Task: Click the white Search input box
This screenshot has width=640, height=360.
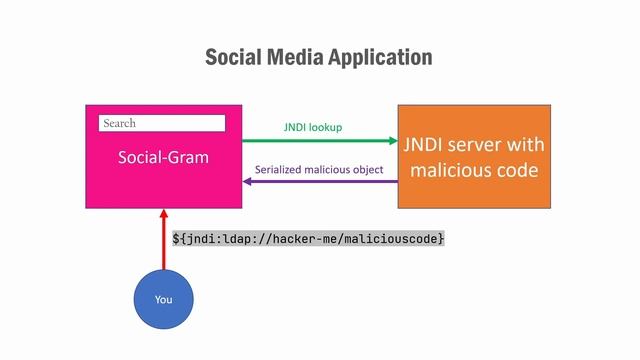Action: [162, 123]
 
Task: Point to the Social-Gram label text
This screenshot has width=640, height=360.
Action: [163, 157]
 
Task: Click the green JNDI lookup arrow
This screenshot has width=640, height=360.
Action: [321, 141]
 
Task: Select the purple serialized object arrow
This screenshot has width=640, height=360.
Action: [321, 182]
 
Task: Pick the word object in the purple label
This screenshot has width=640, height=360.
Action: [367, 169]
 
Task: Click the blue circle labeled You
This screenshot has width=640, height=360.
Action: [163, 300]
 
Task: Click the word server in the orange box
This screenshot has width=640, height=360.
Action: [481, 146]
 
